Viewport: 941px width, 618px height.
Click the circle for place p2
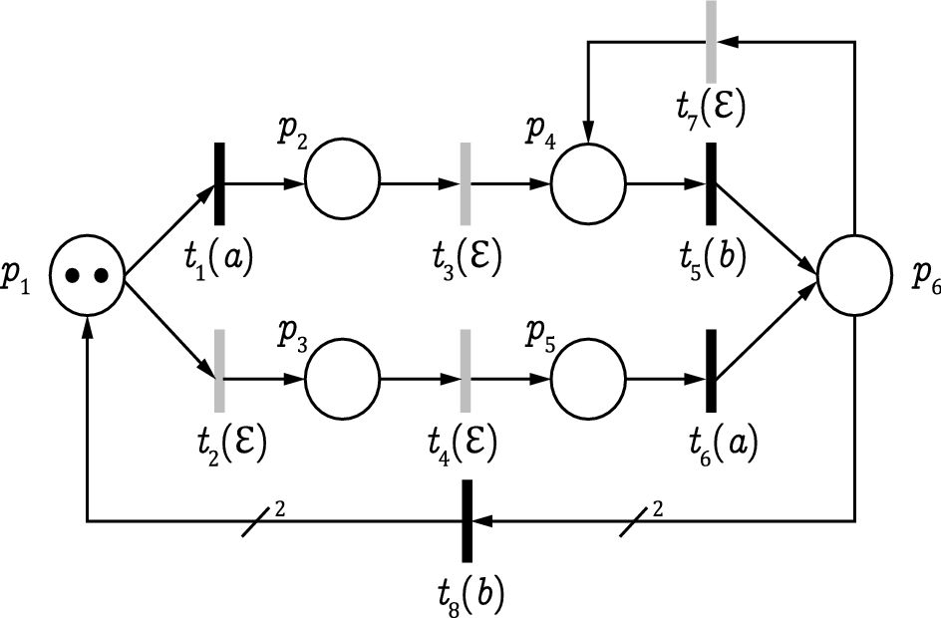point(342,183)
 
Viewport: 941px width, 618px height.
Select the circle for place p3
point(342,380)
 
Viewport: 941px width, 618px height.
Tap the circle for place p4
point(588,183)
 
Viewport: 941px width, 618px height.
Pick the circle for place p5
point(588,380)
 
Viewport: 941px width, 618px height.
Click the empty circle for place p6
point(854,276)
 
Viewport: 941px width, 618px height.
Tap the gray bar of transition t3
point(466,183)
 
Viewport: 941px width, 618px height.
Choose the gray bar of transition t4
point(466,371)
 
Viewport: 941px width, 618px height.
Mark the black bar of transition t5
point(712,183)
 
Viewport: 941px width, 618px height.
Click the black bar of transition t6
point(712,371)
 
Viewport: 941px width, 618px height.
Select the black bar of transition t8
point(467,520)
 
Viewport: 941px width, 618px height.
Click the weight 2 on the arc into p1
point(280,508)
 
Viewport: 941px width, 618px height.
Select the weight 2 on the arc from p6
point(657,508)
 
